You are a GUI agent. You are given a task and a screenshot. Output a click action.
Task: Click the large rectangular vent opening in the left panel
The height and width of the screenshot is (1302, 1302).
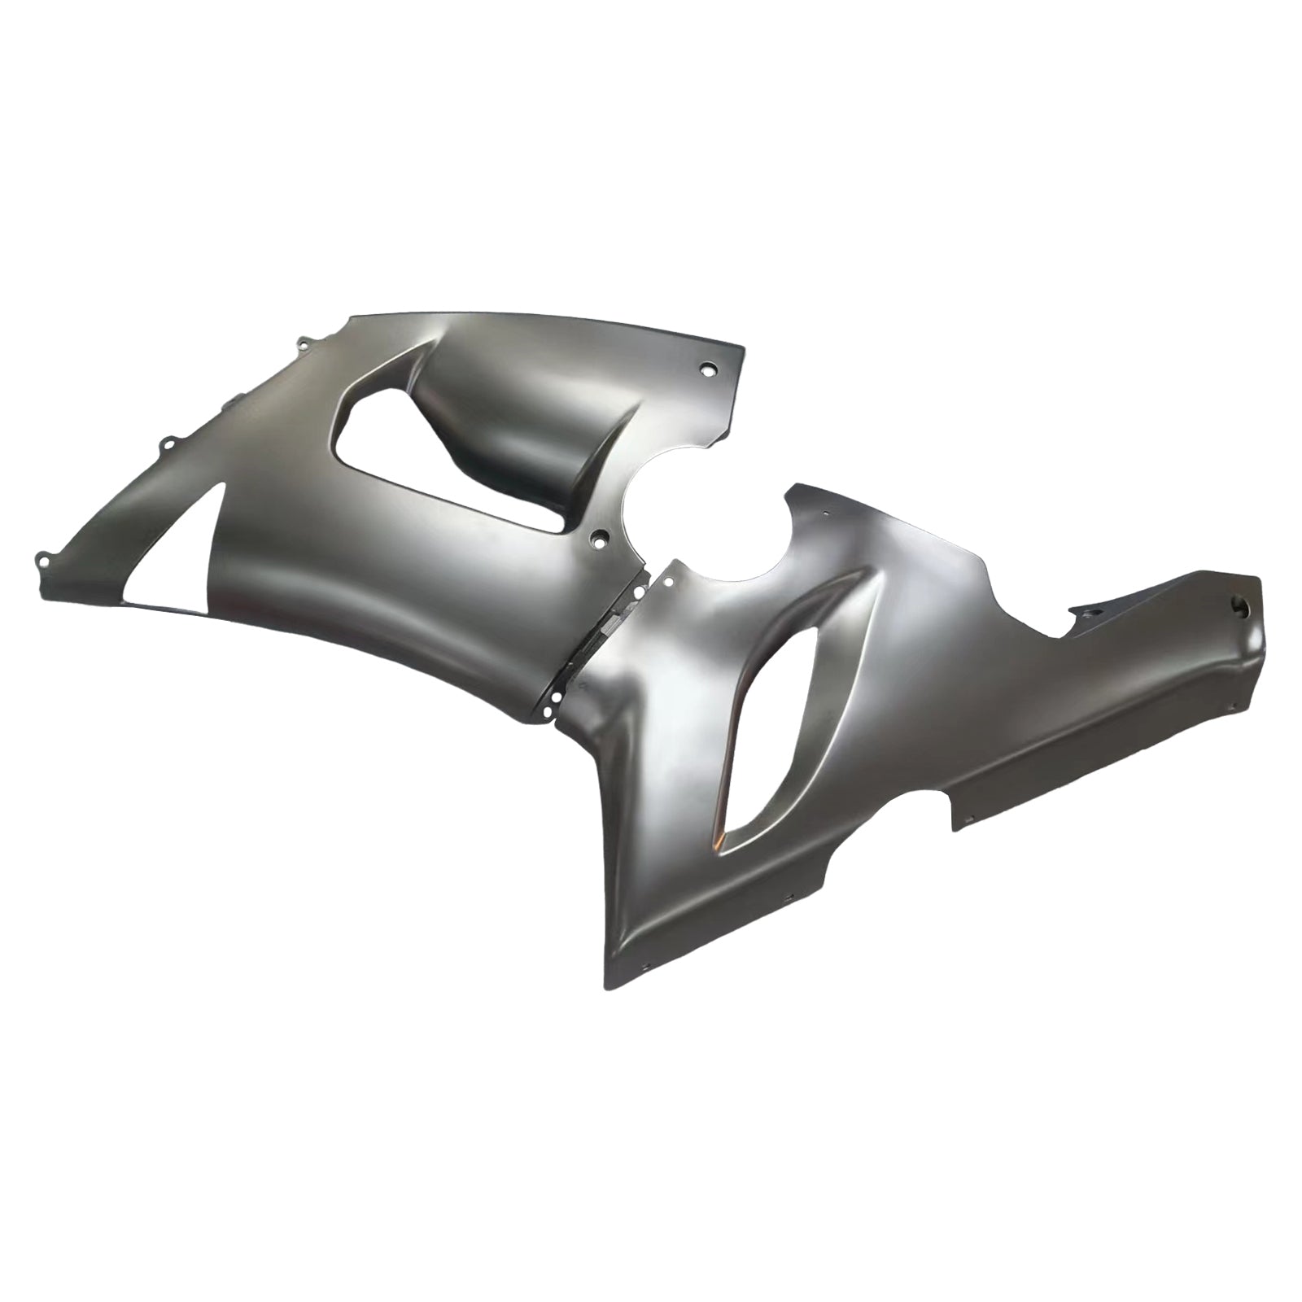click(391, 456)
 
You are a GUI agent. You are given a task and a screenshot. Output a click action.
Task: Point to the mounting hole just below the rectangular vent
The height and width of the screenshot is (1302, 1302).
click(600, 538)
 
